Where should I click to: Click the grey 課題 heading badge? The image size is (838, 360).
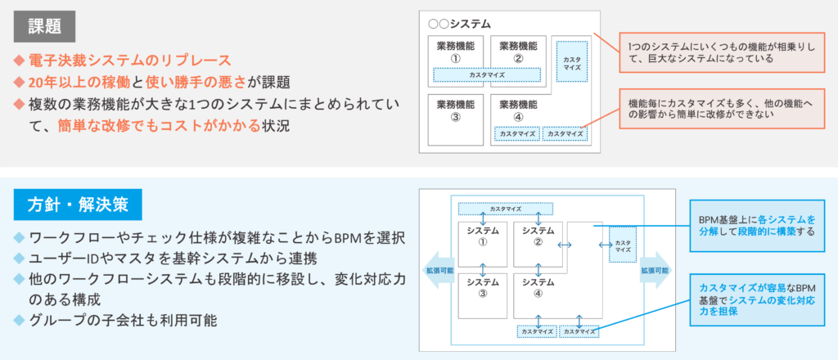click(45, 28)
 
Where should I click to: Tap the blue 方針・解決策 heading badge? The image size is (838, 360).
click(78, 205)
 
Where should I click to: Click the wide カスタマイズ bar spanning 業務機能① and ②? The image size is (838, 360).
click(487, 75)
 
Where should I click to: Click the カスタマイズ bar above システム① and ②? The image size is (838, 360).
click(505, 209)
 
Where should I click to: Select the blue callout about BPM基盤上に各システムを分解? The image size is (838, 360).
click(756, 226)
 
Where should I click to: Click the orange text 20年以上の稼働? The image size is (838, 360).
click(79, 82)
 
